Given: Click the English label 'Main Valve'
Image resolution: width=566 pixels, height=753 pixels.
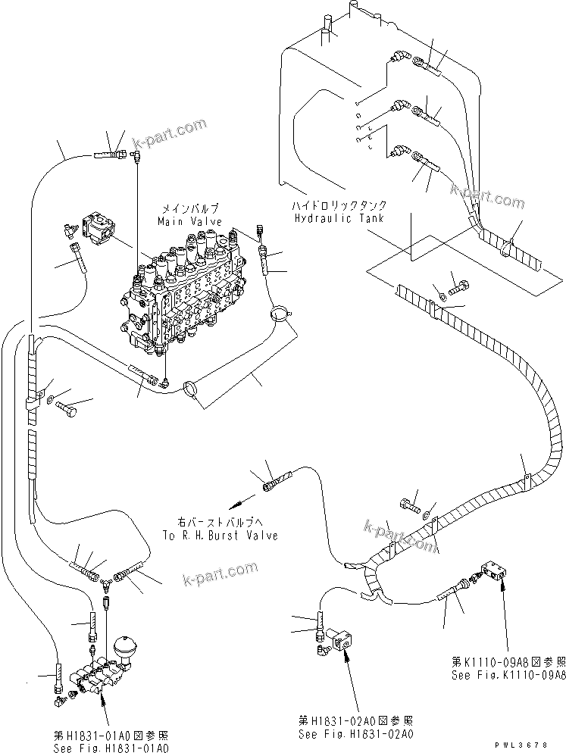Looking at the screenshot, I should coord(189,221).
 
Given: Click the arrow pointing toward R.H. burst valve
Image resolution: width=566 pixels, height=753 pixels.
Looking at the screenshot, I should coord(237,501).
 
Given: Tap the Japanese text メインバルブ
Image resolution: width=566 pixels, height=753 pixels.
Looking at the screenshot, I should coord(190,208).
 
